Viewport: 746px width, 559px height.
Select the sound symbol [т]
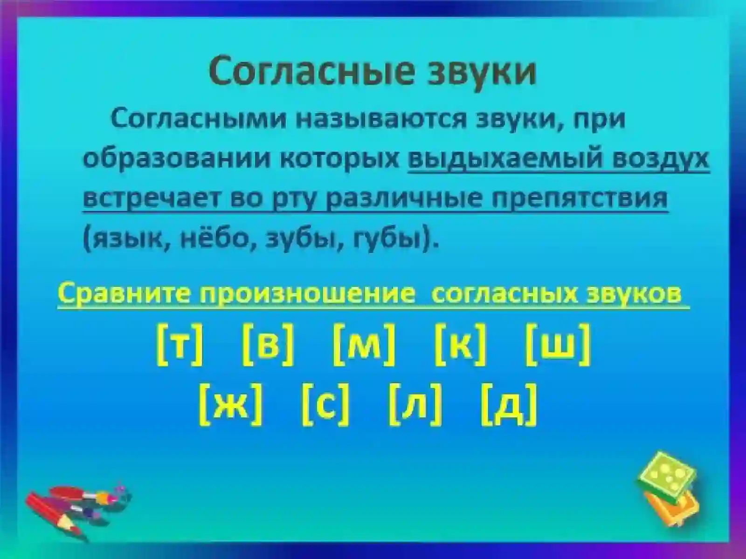pyautogui.click(x=180, y=346)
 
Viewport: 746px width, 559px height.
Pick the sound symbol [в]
pyautogui.click(x=268, y=346)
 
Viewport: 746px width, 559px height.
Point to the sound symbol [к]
pyautogui.click(x=460, y=346)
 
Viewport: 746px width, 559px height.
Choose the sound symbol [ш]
pyautogui.click(x=558, y=346)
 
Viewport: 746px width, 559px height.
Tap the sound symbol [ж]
pyautogui.click(x=230, y=404)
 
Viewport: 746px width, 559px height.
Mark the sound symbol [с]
pyautogui.click(x=325, y=404)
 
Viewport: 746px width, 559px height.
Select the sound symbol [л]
pyautogui.click(x=415, y=404)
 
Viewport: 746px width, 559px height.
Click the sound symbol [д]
pyautogui.click(x=509, y=404)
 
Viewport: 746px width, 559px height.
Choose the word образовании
pyautogui.click(x=178, y=159)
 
